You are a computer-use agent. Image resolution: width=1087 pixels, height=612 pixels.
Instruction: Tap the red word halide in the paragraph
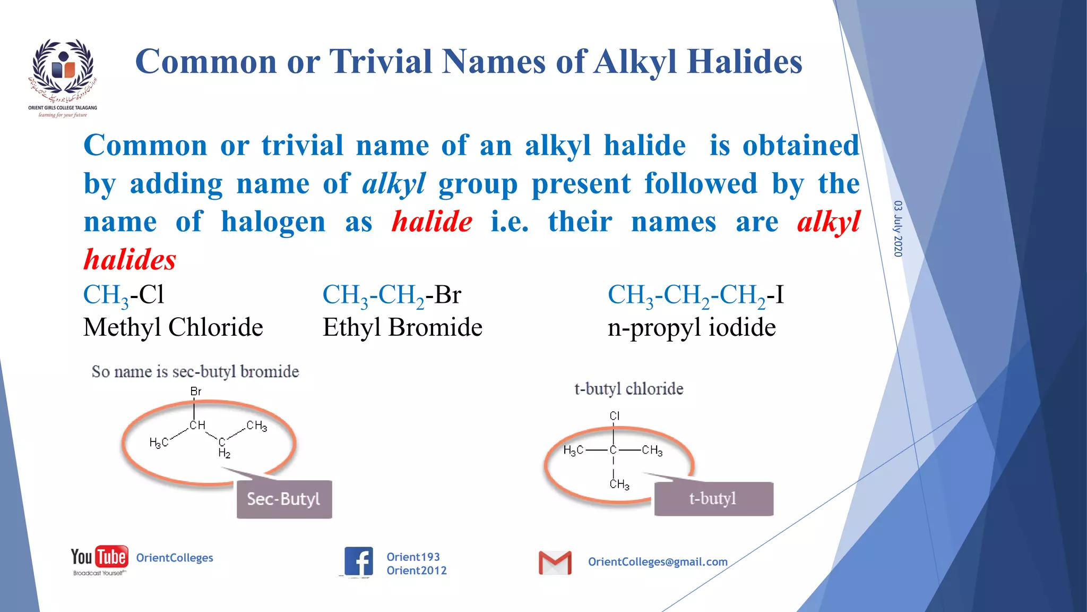(x=432, y=222)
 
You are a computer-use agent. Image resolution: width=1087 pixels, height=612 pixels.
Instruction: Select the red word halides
(x=130, y=260)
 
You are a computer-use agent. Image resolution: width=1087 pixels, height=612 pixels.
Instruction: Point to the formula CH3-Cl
(x=124, y=295)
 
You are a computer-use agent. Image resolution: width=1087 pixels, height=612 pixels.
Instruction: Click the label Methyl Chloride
(x=173, y=327)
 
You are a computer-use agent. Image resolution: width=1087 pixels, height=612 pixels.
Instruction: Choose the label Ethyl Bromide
(x=402, y=327)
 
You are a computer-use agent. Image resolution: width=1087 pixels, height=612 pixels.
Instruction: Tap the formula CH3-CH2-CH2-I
(x=695, y=295)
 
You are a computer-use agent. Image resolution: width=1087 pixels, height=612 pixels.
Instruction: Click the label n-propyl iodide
(x=691, y=327)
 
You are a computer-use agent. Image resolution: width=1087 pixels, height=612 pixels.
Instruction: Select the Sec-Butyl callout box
(x=284, y=499)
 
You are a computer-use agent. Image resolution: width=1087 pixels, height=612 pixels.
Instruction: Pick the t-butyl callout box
(x=713, y=498)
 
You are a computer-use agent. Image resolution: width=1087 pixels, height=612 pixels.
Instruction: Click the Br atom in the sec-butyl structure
(x=196, y=392)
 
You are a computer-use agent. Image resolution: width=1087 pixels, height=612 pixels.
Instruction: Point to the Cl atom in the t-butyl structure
(x=615, y=415)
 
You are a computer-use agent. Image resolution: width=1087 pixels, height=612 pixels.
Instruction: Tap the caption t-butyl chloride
(x=628, y=389)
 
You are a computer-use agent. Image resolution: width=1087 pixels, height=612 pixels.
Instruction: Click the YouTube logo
(x=100, y=558)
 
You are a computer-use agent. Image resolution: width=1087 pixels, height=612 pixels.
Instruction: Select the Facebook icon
(x=358, y=561)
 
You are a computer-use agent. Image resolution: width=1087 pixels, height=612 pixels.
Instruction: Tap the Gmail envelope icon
(x=555, y=562)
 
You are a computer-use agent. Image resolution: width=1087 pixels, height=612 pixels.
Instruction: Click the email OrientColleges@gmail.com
(x=657, y=562)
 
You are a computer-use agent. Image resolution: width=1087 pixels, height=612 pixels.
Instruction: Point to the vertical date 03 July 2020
(x=898, y=228)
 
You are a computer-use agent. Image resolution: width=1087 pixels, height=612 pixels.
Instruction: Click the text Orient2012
(x=416, y=571)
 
